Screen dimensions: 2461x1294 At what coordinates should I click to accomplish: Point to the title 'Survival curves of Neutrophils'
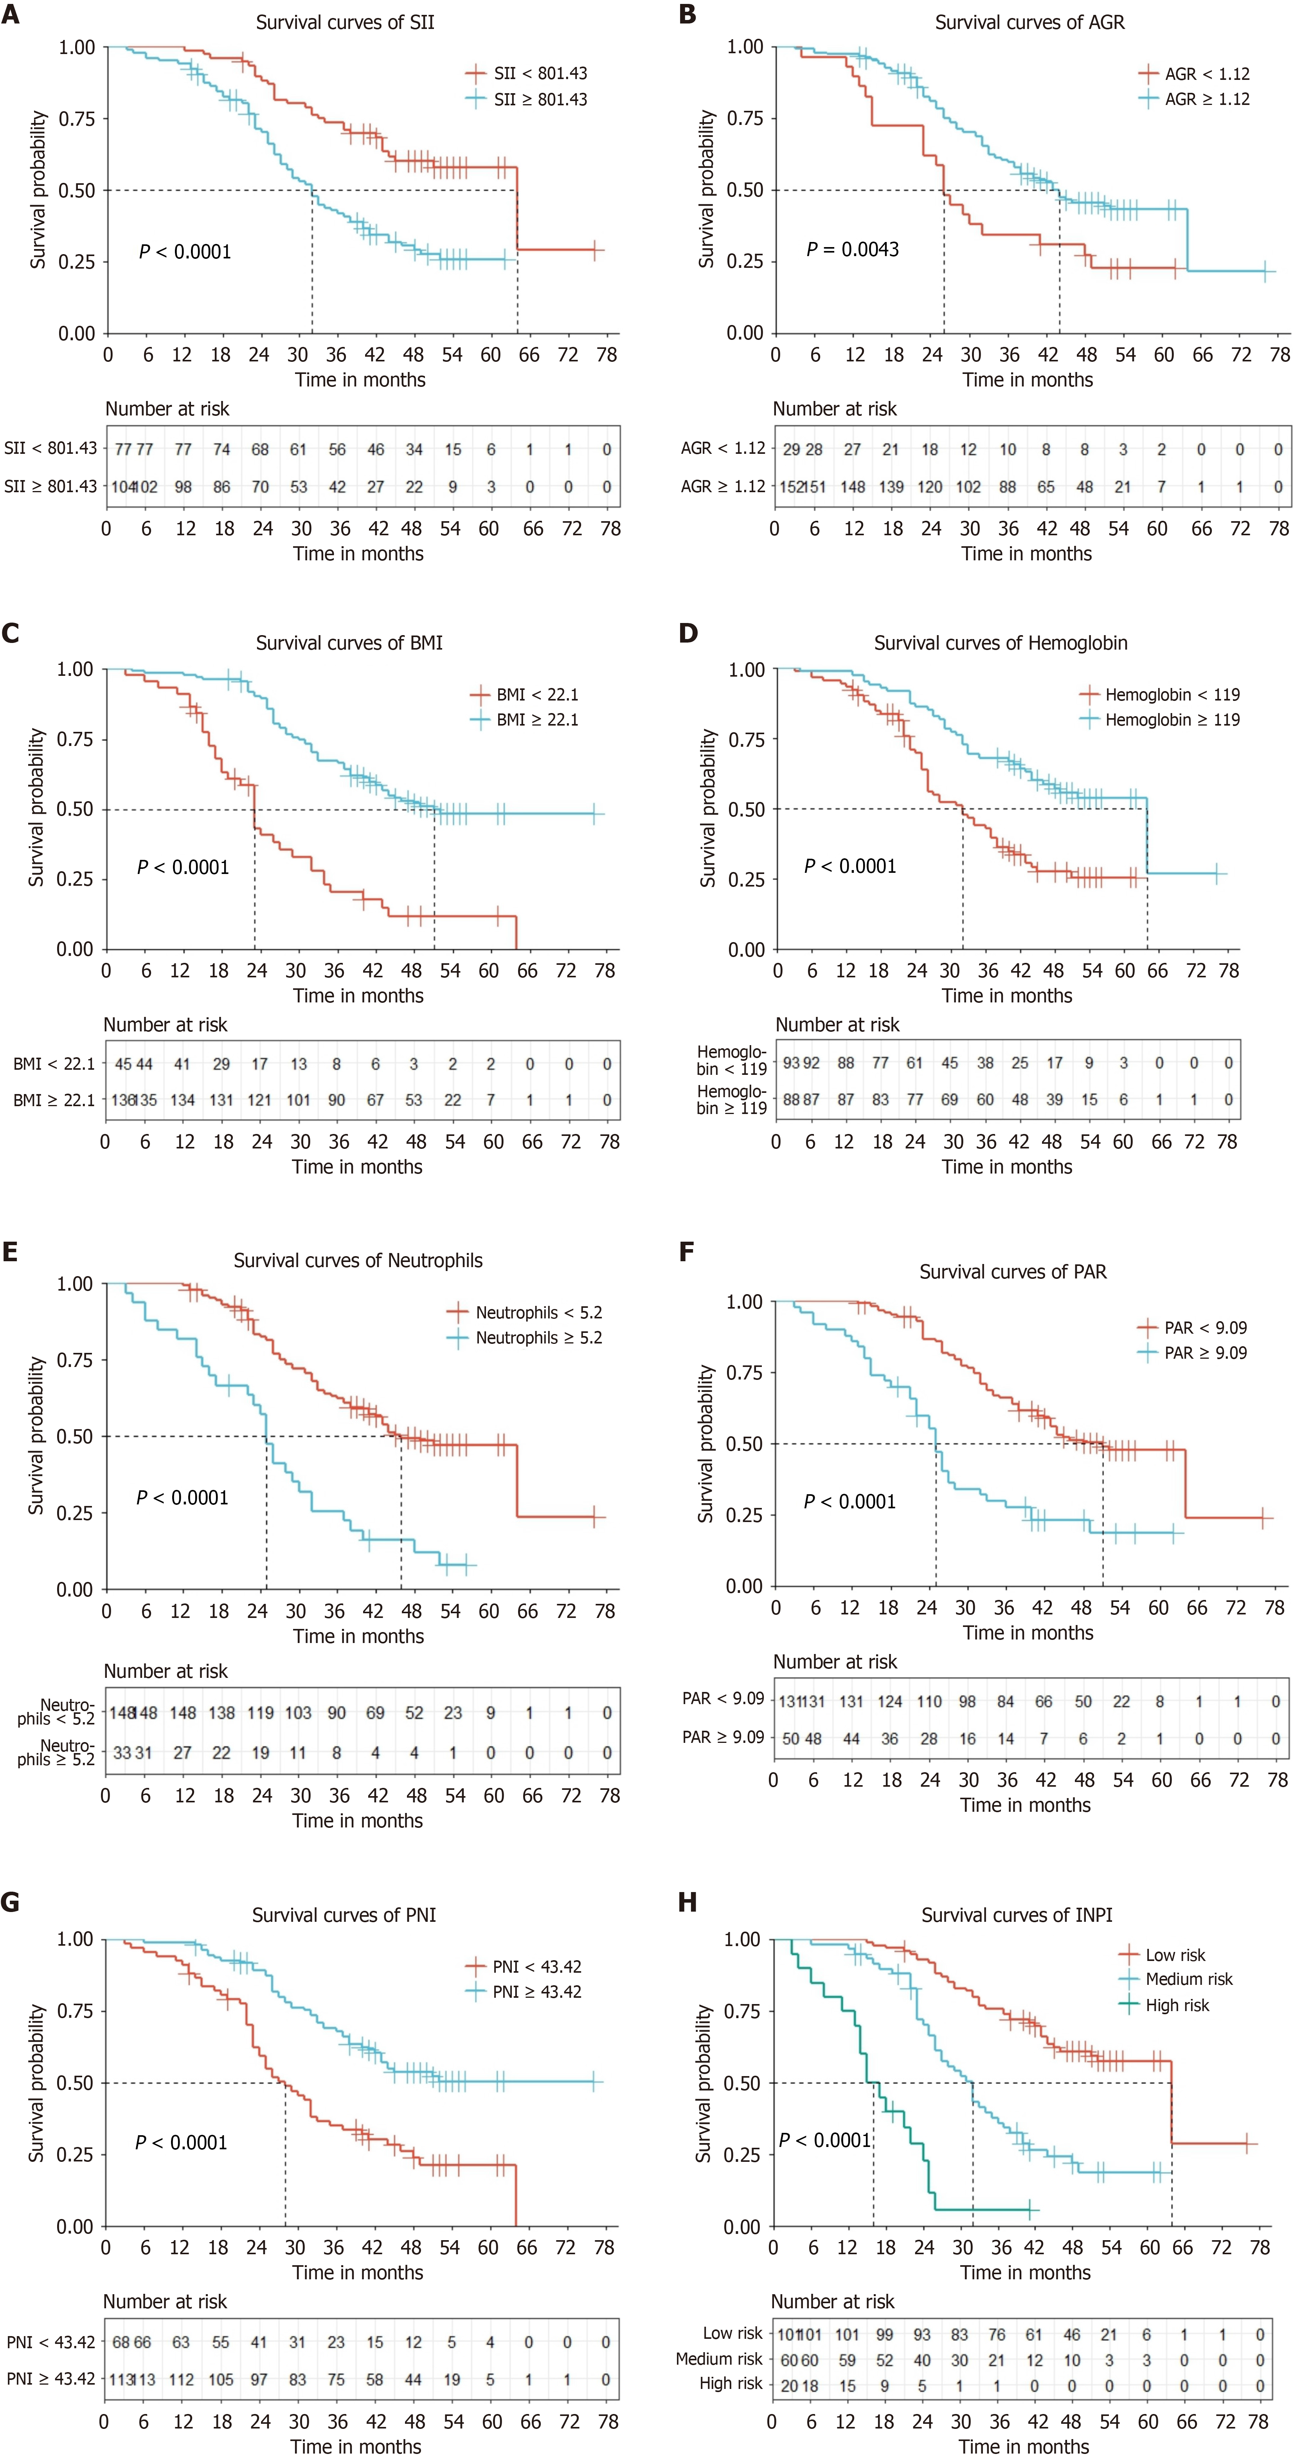point(358,1260)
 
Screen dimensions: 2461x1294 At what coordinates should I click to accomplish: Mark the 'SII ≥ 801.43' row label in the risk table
point(50,486)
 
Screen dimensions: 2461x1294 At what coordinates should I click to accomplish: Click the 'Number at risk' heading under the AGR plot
point(835,409)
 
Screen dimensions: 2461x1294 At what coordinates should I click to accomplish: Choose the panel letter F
point(687,1251)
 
